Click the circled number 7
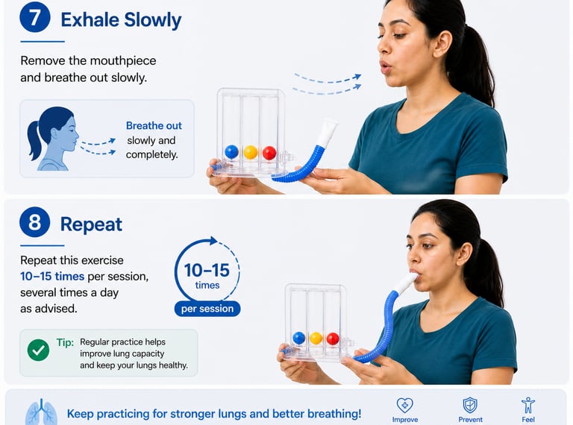point(35,18)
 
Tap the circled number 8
point(35,222)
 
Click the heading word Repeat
point(91,224)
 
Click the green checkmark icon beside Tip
point(38,350)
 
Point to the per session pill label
point(207,309)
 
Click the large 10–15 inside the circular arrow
point(207,271)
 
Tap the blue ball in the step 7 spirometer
point(232,151)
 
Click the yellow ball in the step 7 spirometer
point(251,152)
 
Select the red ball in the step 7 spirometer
point(269,153)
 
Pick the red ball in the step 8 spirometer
point(333,339)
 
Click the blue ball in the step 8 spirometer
point(299,338)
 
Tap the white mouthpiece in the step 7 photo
point(326,133)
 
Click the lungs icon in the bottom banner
point(41,412)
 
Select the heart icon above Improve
point(405,406)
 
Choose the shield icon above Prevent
point(470,406)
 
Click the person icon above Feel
point(528,406)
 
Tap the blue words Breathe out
point(154,125)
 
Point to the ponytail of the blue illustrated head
point(34,140)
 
